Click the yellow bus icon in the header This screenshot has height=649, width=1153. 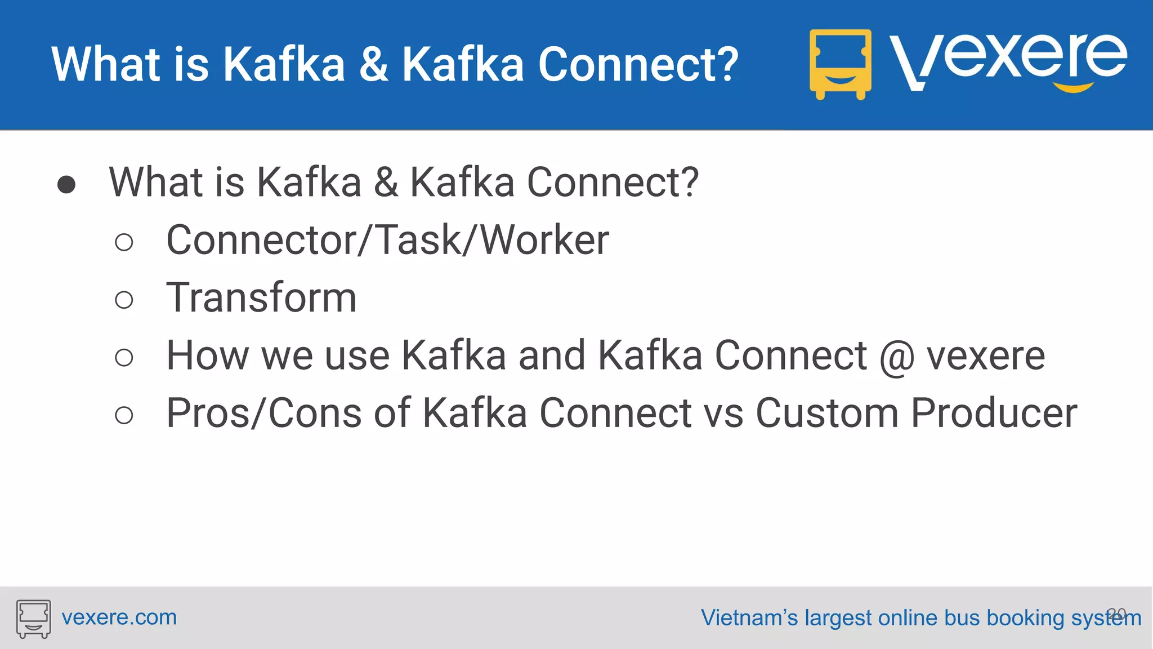[840, 64]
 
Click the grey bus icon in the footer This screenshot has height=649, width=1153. [33, 618]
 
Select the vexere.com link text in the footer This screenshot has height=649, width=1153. [119, 617]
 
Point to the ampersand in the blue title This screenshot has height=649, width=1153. [374, 64]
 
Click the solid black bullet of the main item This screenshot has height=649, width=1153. [66, 184]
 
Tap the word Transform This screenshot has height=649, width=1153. [261, 297]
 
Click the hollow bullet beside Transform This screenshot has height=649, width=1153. [124, 300]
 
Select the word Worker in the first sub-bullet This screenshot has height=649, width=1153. [544, 240]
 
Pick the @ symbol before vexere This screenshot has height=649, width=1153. [896, 357]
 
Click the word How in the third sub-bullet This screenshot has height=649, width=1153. [207, 355]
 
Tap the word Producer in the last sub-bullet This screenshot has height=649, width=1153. [993, 413]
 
